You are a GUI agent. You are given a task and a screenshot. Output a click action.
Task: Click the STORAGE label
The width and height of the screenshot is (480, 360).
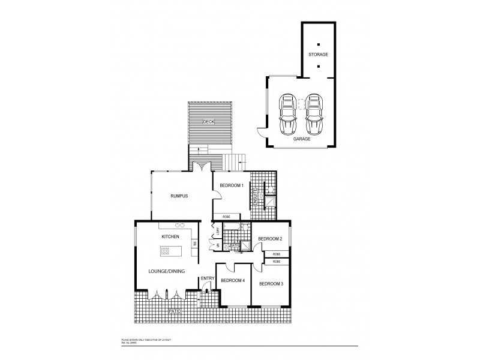coord(319,55)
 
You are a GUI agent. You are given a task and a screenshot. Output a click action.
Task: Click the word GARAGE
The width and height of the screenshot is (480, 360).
coord(301,139)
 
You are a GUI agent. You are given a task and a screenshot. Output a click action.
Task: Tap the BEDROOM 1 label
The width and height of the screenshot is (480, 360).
coord(231,186)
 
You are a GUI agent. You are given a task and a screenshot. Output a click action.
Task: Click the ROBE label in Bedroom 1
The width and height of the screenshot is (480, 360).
coord(226,216)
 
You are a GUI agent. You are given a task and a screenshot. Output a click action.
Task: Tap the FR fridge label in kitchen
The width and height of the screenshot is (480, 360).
coord(195,244)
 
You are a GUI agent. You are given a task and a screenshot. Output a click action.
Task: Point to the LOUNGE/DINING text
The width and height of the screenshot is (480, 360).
coord(166,272)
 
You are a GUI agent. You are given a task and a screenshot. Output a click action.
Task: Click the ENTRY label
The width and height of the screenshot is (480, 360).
coord(208,278)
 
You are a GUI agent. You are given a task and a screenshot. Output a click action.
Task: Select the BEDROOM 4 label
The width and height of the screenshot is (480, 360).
coord(233,280)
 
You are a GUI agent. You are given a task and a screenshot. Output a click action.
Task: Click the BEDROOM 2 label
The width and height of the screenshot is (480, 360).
coord(269,239)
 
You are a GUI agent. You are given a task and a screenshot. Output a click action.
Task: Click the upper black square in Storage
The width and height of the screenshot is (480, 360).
coord(319,43)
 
